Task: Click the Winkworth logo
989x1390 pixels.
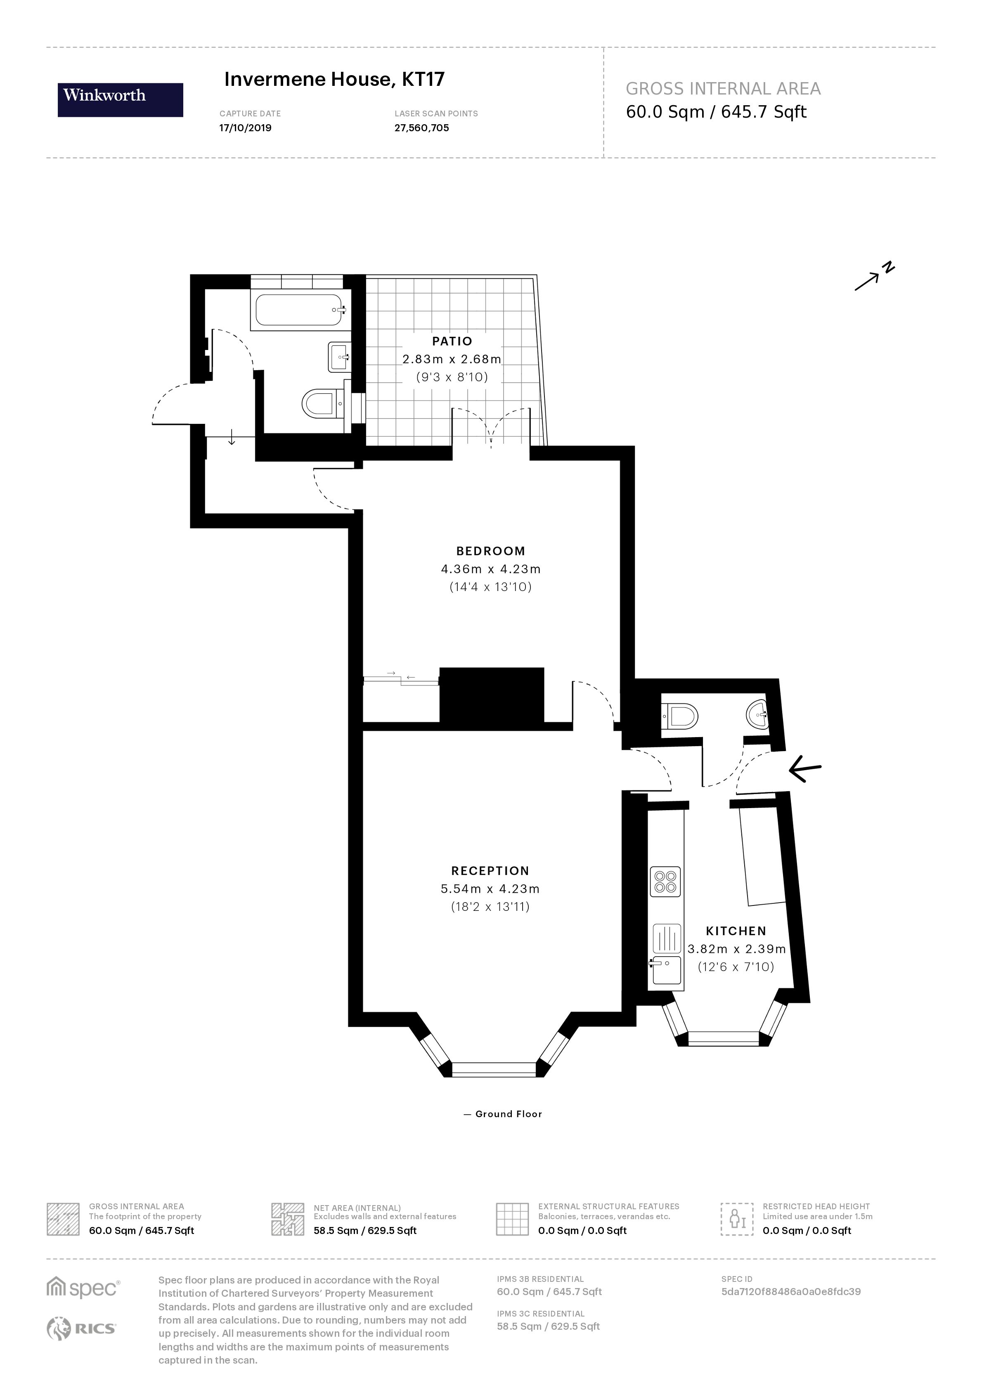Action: [x=120, y=100]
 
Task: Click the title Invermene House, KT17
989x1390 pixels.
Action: [x=334, y=79]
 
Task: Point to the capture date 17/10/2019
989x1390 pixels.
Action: [x=246, y=128]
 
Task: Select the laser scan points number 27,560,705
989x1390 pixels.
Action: [x=421, y=128]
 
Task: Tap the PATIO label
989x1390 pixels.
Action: [x=452, y=342]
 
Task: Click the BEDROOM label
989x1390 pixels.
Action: [x=490, y=551]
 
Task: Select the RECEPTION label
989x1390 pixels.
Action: [x=490, y=871]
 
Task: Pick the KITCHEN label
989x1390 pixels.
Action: [x=736, y=931]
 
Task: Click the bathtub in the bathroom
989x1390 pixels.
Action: [x=300, y=310]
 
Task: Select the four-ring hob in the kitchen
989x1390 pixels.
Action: [x=665, y=882]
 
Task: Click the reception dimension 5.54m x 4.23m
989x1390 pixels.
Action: [x=490, y=889]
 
